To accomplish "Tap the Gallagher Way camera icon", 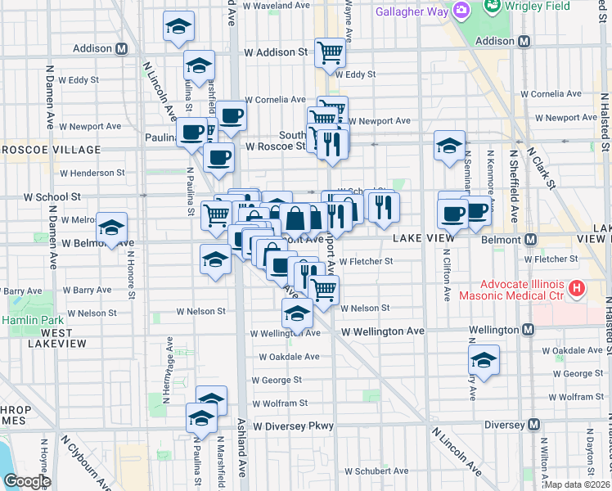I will tap(461, 11).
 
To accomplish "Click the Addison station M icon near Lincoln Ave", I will tap(121, 48).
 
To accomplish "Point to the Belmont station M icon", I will tap(530, 240).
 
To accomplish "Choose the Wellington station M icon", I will tap(528, 330).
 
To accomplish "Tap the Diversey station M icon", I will tap(533, 425).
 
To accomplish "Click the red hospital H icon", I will tap(577, 288).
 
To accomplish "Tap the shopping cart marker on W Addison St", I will tap(331, 52).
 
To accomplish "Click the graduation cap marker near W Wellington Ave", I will tap(298, 313).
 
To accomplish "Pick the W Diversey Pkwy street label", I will tap(294, 426).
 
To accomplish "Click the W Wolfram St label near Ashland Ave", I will tap(280, 403).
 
